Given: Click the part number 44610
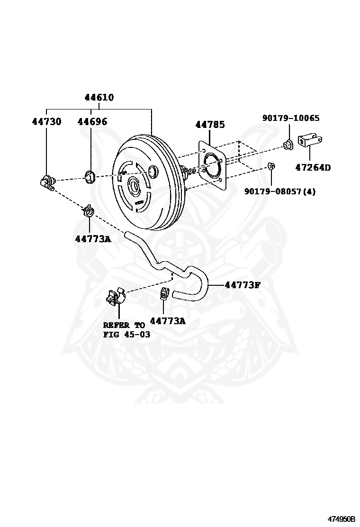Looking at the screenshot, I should click(x=99, y=98).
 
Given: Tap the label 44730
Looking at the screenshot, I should click(x=46, y=122).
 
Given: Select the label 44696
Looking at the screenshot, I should click(x=92, y=122).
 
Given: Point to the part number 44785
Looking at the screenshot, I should click(x=210, y=125).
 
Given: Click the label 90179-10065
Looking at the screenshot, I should click(x=290, y=118).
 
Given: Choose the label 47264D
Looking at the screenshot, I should click(x=313, y=167).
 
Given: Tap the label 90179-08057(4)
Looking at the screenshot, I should click(x=280, y=191).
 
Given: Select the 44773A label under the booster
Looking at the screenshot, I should click(x=92, y=238).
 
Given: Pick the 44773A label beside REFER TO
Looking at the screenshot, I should click(x=168, y=321).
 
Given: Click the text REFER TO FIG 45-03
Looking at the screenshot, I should click(x=124, y=329).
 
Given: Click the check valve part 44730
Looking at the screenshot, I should click(x=47, y=182).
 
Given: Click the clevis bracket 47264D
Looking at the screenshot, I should click(x=310, y=141).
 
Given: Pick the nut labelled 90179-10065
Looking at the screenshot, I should click(x=288, y=144).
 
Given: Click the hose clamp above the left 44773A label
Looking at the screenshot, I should click(x=88, y=210).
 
